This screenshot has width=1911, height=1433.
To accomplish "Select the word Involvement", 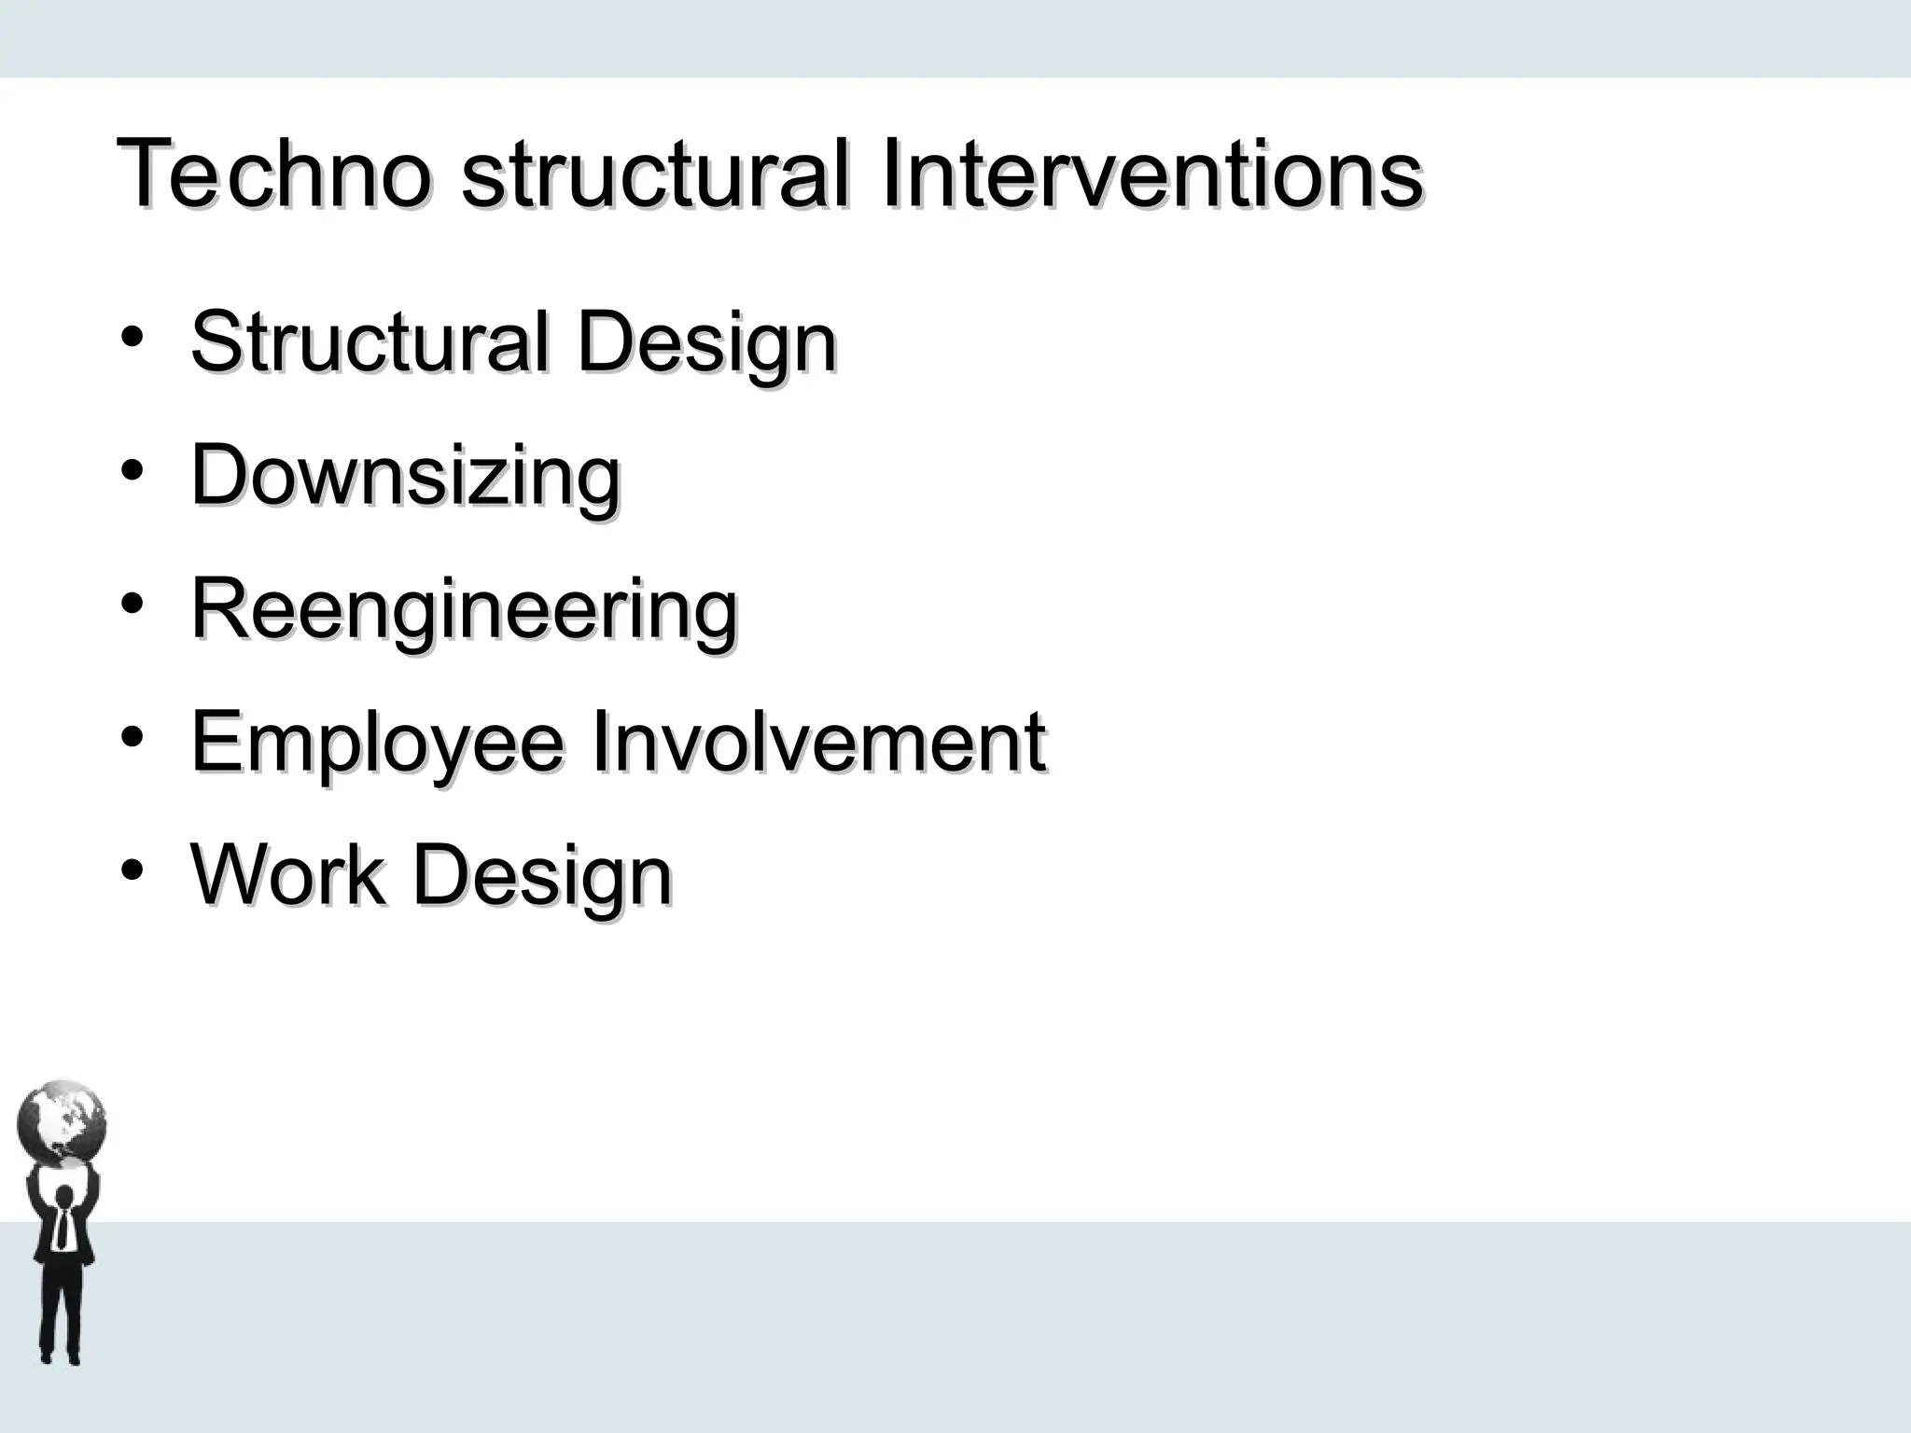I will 819,742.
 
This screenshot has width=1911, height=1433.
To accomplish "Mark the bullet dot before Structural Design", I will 132,337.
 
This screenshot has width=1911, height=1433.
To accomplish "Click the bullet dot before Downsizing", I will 132,470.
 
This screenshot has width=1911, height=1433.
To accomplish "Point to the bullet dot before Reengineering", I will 132,604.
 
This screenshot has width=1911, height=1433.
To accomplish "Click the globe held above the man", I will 62,1123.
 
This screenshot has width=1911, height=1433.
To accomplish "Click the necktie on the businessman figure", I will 63,1228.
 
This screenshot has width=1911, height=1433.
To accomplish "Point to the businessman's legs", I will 61,1315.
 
